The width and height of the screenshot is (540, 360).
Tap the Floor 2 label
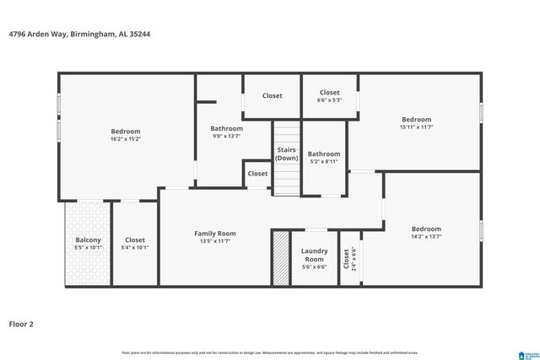coord(23,323)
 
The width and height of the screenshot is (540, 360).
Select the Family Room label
coord(215,234)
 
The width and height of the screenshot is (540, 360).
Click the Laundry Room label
coord(314,254)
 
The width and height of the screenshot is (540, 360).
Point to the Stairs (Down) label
coord(287,153)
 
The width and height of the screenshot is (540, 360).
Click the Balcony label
coord(88,240)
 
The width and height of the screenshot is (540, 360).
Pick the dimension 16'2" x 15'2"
coord(126,140)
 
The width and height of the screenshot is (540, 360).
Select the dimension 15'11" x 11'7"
coord(416,127)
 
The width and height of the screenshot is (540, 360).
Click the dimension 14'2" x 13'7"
coord(426,237)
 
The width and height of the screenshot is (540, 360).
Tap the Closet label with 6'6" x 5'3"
coord(329,93)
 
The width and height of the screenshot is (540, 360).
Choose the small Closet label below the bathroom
coord(257,174)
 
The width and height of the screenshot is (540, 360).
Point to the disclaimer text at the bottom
coord(269,352)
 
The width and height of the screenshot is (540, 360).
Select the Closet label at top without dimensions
coord(272,96)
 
